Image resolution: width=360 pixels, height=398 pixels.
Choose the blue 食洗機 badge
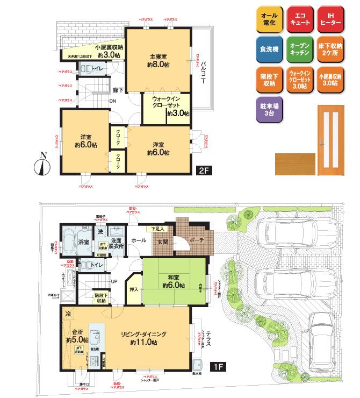268,49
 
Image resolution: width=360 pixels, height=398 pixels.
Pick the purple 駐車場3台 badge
268,110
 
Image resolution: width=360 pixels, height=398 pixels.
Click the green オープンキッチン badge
298,49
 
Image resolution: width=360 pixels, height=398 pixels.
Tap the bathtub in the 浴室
69,238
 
